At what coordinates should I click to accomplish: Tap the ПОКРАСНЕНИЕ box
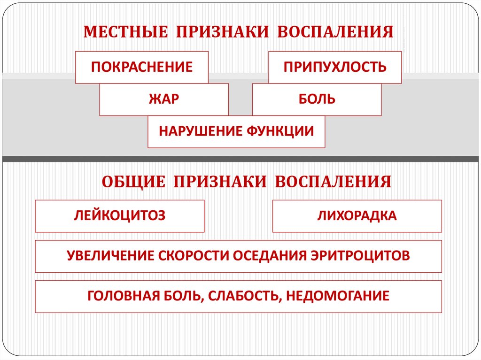[142, 67]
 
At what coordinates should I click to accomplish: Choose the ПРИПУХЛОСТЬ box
[335, 67]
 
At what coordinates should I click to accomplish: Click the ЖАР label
[164, 100]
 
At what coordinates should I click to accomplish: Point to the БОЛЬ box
[317, 100]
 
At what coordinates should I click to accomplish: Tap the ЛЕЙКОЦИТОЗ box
[120, 216]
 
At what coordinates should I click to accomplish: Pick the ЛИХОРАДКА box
[357, 216]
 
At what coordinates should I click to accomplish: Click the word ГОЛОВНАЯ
[123, 296]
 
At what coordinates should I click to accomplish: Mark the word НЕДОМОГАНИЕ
[337, 296]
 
